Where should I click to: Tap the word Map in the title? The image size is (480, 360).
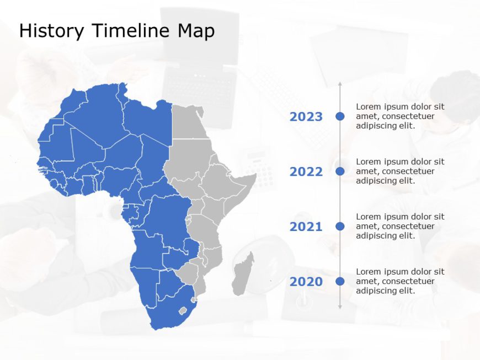[195, 31]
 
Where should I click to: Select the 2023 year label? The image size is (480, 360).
[306, 117]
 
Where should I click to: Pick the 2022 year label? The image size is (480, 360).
[306, 172]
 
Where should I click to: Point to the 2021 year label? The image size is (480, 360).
[306, 227]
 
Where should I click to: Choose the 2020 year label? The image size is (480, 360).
[306, 282]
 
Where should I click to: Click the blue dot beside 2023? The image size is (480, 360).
[340, 116]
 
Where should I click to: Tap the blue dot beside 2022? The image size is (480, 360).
[340, 171]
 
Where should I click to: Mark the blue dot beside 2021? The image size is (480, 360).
[340, 226]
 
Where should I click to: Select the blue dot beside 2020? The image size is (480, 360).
[340, 281]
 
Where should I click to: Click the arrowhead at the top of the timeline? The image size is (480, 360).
[340, 84]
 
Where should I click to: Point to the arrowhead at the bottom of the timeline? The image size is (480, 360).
[340, 307]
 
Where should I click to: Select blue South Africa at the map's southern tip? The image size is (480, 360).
[166, 311]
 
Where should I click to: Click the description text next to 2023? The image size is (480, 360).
[400, 116]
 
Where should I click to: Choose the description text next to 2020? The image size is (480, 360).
[400, 281]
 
